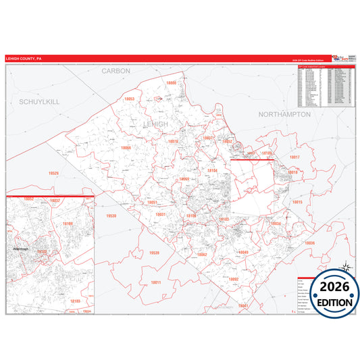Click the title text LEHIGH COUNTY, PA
coord(24,58)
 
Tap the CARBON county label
coord(115,70)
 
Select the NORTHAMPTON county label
coord(284,115)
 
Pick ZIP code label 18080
coord(170,83)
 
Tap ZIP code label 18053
coord(130,99)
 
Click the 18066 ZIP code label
coord(126,148)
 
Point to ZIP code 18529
coord(53,174)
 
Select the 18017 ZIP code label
coord(294,157)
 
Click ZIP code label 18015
coord(297,202)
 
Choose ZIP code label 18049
coord(243,253)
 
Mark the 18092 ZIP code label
coord(233,279)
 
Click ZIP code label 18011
coord(156,282)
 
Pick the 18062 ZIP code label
coord(201,255)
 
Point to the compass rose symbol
coord(346,268)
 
